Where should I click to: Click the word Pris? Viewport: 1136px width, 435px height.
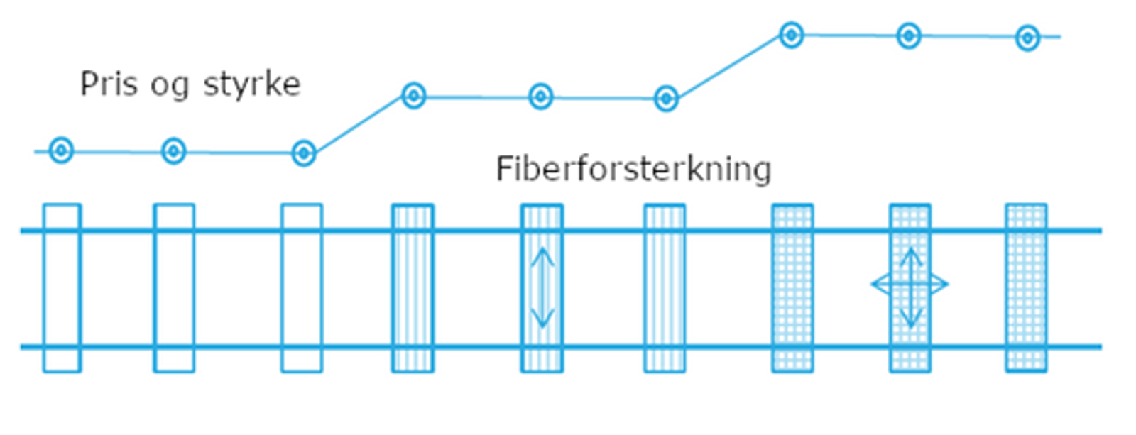(x=109, y=84)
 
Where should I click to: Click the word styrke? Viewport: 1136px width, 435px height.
(x=251, y=85)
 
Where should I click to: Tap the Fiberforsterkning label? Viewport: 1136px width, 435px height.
(x=633, y=169)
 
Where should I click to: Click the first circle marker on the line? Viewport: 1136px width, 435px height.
(x=61, y=150)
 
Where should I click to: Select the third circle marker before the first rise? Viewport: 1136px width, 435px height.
(x=304, y=153)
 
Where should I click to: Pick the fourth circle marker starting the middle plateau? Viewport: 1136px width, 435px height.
(x=414, y=96)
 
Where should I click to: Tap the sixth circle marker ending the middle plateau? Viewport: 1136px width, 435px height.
(x=666, y=99)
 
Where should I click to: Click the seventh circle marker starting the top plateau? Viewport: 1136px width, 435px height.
(x=792, y=35)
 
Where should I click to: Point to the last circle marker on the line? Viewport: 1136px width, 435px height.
(x=1027, y=38)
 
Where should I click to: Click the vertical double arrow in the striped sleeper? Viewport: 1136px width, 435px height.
(x=542, y=287)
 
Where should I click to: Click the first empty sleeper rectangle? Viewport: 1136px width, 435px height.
(x=62, y=288)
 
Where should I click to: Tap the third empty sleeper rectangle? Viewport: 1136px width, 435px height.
(x=302, y=288)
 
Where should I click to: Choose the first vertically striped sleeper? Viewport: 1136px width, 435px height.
(x=413, y=288)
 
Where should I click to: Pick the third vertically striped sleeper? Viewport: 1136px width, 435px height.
(x=665, y=288)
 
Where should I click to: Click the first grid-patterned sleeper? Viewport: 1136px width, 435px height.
(x=792, y=288)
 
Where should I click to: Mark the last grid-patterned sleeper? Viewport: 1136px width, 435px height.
(x=1026, y=288)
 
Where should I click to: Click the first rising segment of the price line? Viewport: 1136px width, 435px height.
(x=359, y=125)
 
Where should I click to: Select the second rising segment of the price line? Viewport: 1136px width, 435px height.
(x=728, y=67)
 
